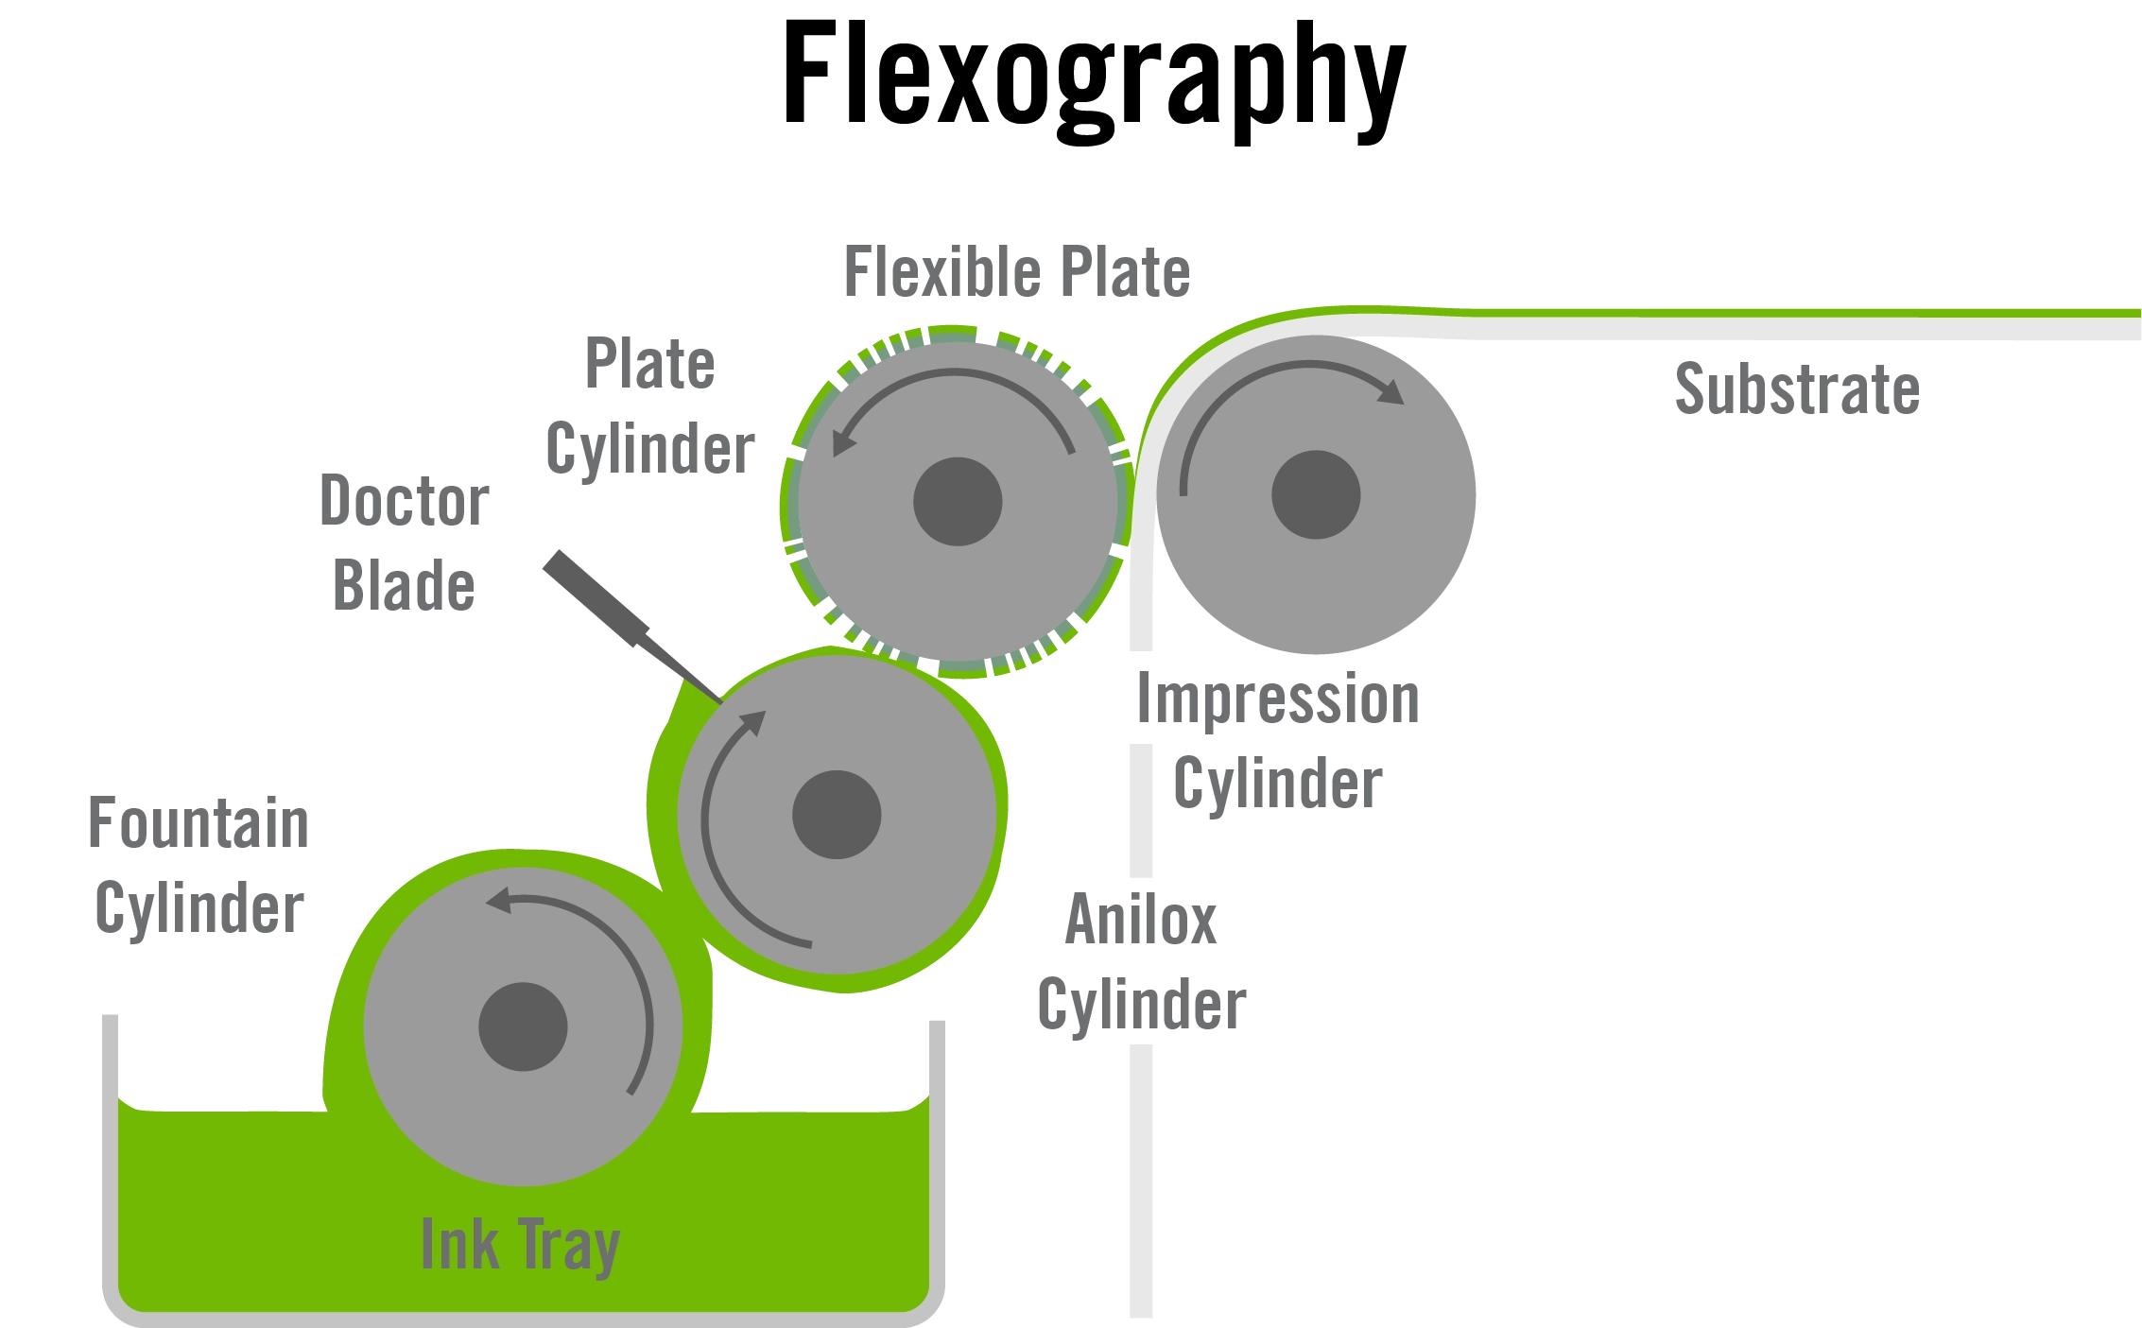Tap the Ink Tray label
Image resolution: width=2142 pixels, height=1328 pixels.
520,1245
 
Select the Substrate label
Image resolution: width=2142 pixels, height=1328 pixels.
1795,387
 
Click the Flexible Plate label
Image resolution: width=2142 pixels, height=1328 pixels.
1016,274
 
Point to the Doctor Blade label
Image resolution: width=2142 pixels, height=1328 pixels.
404,542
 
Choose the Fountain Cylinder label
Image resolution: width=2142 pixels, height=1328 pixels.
198,865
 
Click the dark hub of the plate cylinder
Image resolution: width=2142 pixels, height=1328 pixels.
958,502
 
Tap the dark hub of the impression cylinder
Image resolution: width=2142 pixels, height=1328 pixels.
1316,494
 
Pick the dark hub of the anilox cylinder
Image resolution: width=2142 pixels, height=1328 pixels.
837,815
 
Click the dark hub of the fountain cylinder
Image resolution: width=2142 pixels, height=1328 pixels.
523,1027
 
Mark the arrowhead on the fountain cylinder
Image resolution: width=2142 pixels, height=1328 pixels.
499,900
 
